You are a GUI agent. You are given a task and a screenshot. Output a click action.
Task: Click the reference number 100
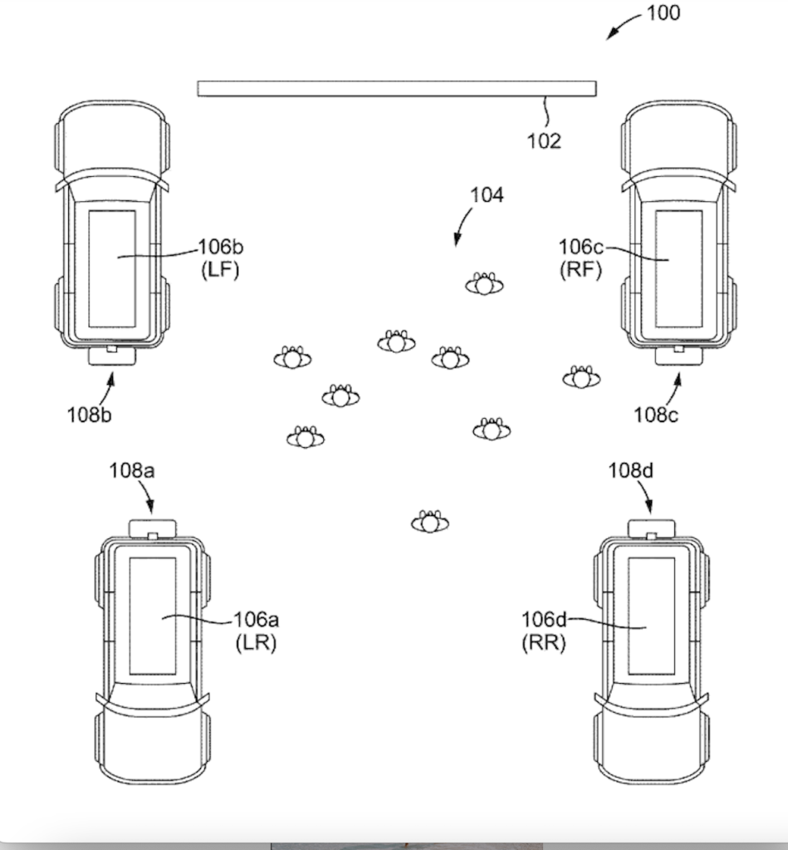coord(662,13)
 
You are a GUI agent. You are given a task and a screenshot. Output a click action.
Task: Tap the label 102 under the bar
coord(545,140)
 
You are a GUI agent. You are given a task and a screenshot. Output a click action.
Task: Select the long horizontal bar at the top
coord(396,89)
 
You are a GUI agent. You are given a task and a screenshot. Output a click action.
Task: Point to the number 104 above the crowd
coord(487,195)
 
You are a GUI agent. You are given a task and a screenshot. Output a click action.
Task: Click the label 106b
coord(221,248)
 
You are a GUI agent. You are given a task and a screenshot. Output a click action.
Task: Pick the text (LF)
coord(220,270)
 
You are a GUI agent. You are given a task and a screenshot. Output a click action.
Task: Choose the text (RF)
coord(580,270)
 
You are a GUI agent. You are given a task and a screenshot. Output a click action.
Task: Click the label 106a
coord(256,620)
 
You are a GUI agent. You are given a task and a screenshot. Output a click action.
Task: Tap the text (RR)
coord(543,642)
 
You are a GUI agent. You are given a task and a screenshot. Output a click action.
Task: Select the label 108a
coord(131,471)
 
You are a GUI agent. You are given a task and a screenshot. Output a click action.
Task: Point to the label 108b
coord(89,414)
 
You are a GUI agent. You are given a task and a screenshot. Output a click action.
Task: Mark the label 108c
coord(656,414)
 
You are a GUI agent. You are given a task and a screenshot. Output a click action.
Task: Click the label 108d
coord(631,471)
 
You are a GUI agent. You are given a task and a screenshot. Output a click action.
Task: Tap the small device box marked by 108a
coord(153,528)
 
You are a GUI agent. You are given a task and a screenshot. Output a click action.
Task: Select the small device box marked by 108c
coord(678,356)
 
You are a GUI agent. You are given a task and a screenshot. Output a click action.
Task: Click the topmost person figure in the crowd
coord(484,285)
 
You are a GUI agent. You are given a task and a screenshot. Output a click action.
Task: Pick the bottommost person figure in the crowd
coord(429,522)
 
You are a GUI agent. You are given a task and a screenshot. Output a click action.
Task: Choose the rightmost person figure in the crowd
coord(581,378)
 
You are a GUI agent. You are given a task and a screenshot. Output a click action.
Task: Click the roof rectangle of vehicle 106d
coord(650,616)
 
